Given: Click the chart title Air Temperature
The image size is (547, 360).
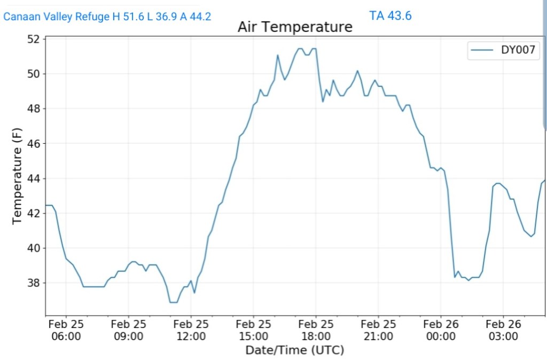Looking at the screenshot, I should (x=295, y=27).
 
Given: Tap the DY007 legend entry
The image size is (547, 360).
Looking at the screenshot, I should (x=504, y=51).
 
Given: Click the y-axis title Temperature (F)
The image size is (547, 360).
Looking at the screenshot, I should (x=17, y=176).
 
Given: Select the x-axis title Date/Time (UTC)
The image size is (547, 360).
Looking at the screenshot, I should (x=294, y=350).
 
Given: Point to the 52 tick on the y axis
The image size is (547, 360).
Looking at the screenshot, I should (x=33, y=39).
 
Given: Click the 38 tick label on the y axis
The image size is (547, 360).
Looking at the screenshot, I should (x=33, y=283).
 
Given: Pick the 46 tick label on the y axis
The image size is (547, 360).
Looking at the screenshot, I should (x=33, y=144).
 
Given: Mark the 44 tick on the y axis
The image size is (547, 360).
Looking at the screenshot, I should (x=33, y=178).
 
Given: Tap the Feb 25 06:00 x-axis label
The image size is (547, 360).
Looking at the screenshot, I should (x=66, y=330).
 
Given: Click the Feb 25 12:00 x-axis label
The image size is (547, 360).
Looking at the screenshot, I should (x=191, y=330).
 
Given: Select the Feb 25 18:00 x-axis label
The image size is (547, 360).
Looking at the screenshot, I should (x=316, y=330).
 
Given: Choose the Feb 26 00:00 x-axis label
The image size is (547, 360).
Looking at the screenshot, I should (x=441, y=330).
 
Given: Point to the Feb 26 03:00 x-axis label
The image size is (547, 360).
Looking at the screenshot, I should (x=503, y=330).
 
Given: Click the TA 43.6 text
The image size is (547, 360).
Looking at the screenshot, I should (x=390, y=15).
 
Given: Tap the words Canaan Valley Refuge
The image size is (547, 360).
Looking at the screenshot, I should (x=56, y=17).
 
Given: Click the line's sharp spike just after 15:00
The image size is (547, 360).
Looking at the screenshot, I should (x=278, y=55).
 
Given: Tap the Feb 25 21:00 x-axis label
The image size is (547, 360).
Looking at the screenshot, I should (x=378, y=330).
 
